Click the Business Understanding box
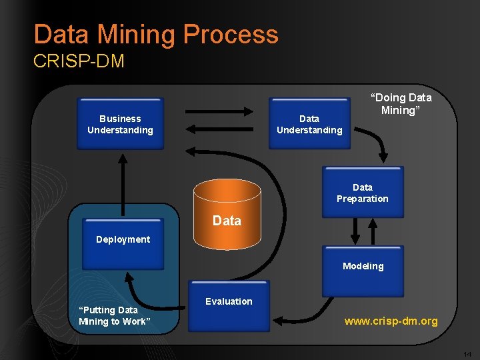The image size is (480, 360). pyautogui.click(x=120, y=124)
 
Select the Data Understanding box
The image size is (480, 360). pyautogui.click(x=309, y=124)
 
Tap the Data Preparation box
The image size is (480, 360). pyautogui.click(x=363, y=192)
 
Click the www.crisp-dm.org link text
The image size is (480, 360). pyautogui.click(x=391, y=321)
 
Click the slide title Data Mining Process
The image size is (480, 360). pyautogui.click(x=156, y=35)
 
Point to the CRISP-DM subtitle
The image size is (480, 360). pyautogui.click(x=79, y=62)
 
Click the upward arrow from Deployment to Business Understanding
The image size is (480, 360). pyautogui.click(x=123, y=180)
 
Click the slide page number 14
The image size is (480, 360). pyautogui.click(x=467, y=353)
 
